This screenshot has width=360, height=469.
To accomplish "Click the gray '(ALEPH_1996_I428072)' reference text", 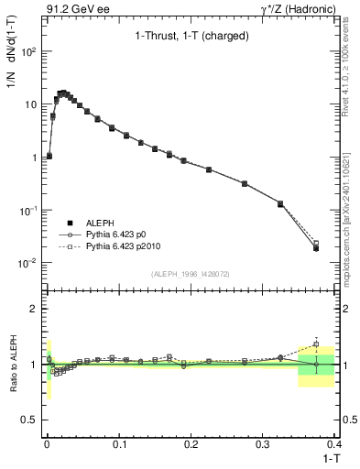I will pos(190,273).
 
